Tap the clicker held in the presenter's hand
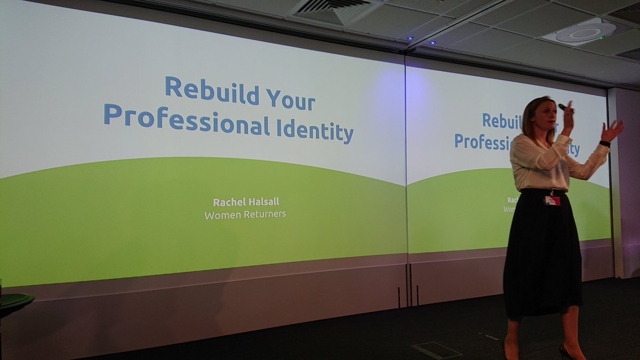(563, 107)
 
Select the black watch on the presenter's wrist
(604, 143)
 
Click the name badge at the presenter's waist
(552, 200)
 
